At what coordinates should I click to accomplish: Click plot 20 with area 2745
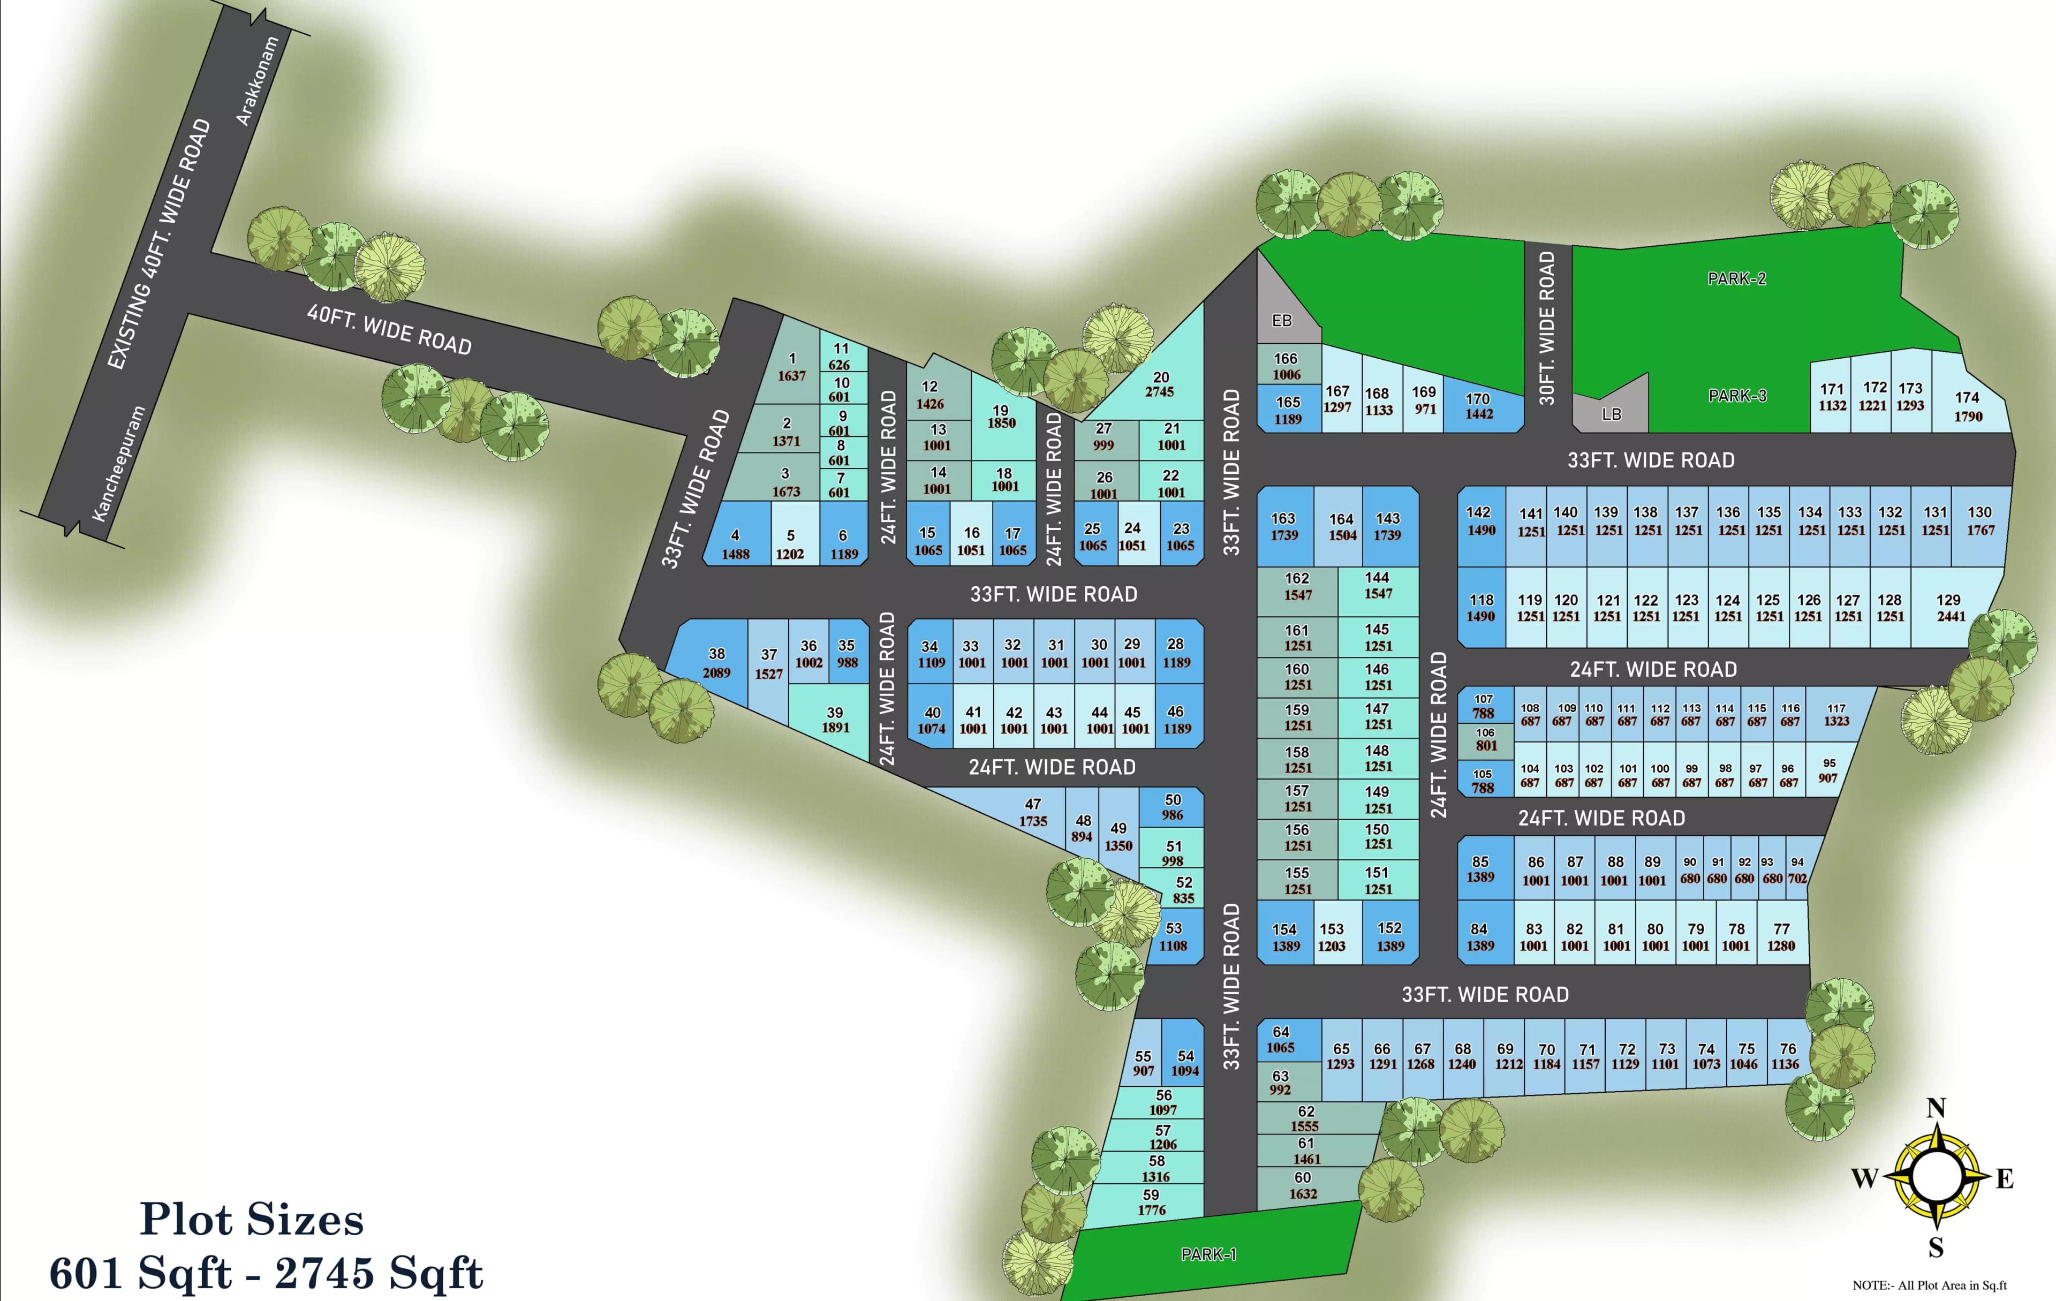tap(1160, 384)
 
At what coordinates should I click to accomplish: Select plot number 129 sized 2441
tap(1950, 607)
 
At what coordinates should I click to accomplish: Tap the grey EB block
tap(1282, 320)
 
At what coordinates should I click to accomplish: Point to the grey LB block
tap(1611, 414)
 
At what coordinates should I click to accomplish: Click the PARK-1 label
tap(1208, 1254)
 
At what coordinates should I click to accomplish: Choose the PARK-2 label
tap(1736, 278)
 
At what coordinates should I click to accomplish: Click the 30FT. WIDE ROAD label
tap(1546, 328)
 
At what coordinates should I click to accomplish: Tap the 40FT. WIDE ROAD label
tap(389, 329)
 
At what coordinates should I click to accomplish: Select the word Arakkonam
tap(257, 81)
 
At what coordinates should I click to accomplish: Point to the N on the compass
tap(1936, 1108)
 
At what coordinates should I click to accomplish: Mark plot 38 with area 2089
tap(716, 662)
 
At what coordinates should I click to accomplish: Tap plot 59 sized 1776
tap(1151, 1202)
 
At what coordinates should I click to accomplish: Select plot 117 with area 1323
tap(1836, 715)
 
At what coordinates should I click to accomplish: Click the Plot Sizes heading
tap(252, 1219)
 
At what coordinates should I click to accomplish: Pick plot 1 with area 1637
tap(791, 367)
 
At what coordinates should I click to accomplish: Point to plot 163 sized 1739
tap(1283, 526)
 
